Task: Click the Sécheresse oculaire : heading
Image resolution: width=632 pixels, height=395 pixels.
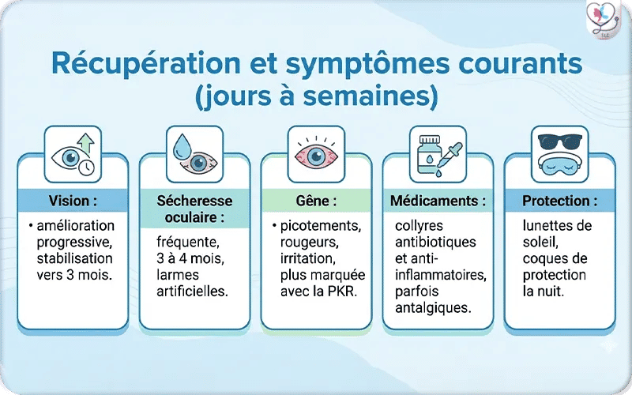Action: (x=194, y=208)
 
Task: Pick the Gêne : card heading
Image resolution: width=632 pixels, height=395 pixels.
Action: (x=316, y=201)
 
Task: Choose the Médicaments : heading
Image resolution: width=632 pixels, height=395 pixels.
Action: (x=438, y=201)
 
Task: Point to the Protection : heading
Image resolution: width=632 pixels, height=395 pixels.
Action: (x=559, y=201)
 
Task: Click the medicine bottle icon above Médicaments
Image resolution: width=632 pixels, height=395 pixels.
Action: (x=427, y=152)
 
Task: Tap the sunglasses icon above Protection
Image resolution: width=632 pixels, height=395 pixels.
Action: (x=559, y=142)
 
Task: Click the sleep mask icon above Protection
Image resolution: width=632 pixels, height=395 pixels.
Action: (x=559, y=164)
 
